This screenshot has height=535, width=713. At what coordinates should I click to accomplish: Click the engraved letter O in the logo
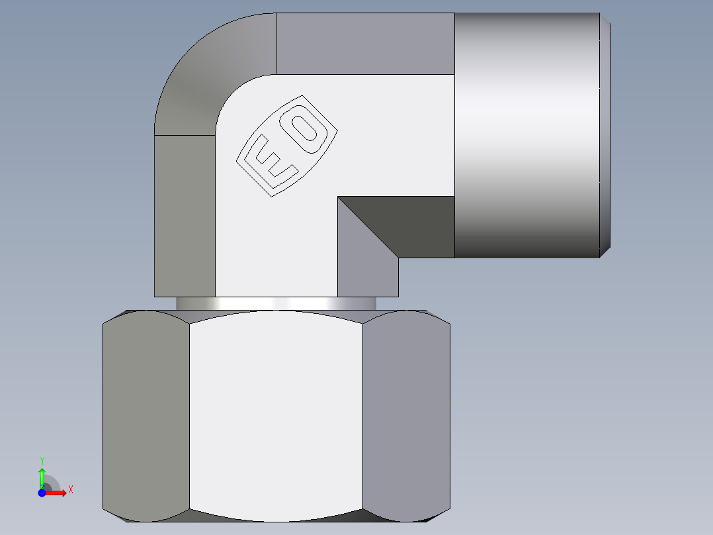(307, 130)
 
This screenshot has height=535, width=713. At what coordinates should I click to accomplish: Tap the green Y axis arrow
(42, 475)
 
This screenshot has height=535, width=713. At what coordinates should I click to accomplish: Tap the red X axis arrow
(58, 492)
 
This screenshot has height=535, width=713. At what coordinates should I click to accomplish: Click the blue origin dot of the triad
(42, 493)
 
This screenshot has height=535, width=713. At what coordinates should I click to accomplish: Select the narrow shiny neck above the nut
(276, 303)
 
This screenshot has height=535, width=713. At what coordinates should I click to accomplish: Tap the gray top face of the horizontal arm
(364, 44)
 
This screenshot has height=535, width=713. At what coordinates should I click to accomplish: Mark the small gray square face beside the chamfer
(367, 271)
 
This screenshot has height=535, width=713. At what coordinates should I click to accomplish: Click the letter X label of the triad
(70, 489)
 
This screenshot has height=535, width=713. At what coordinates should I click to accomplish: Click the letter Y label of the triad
(42, 460)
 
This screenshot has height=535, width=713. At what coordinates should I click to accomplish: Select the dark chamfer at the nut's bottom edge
(276, 516)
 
